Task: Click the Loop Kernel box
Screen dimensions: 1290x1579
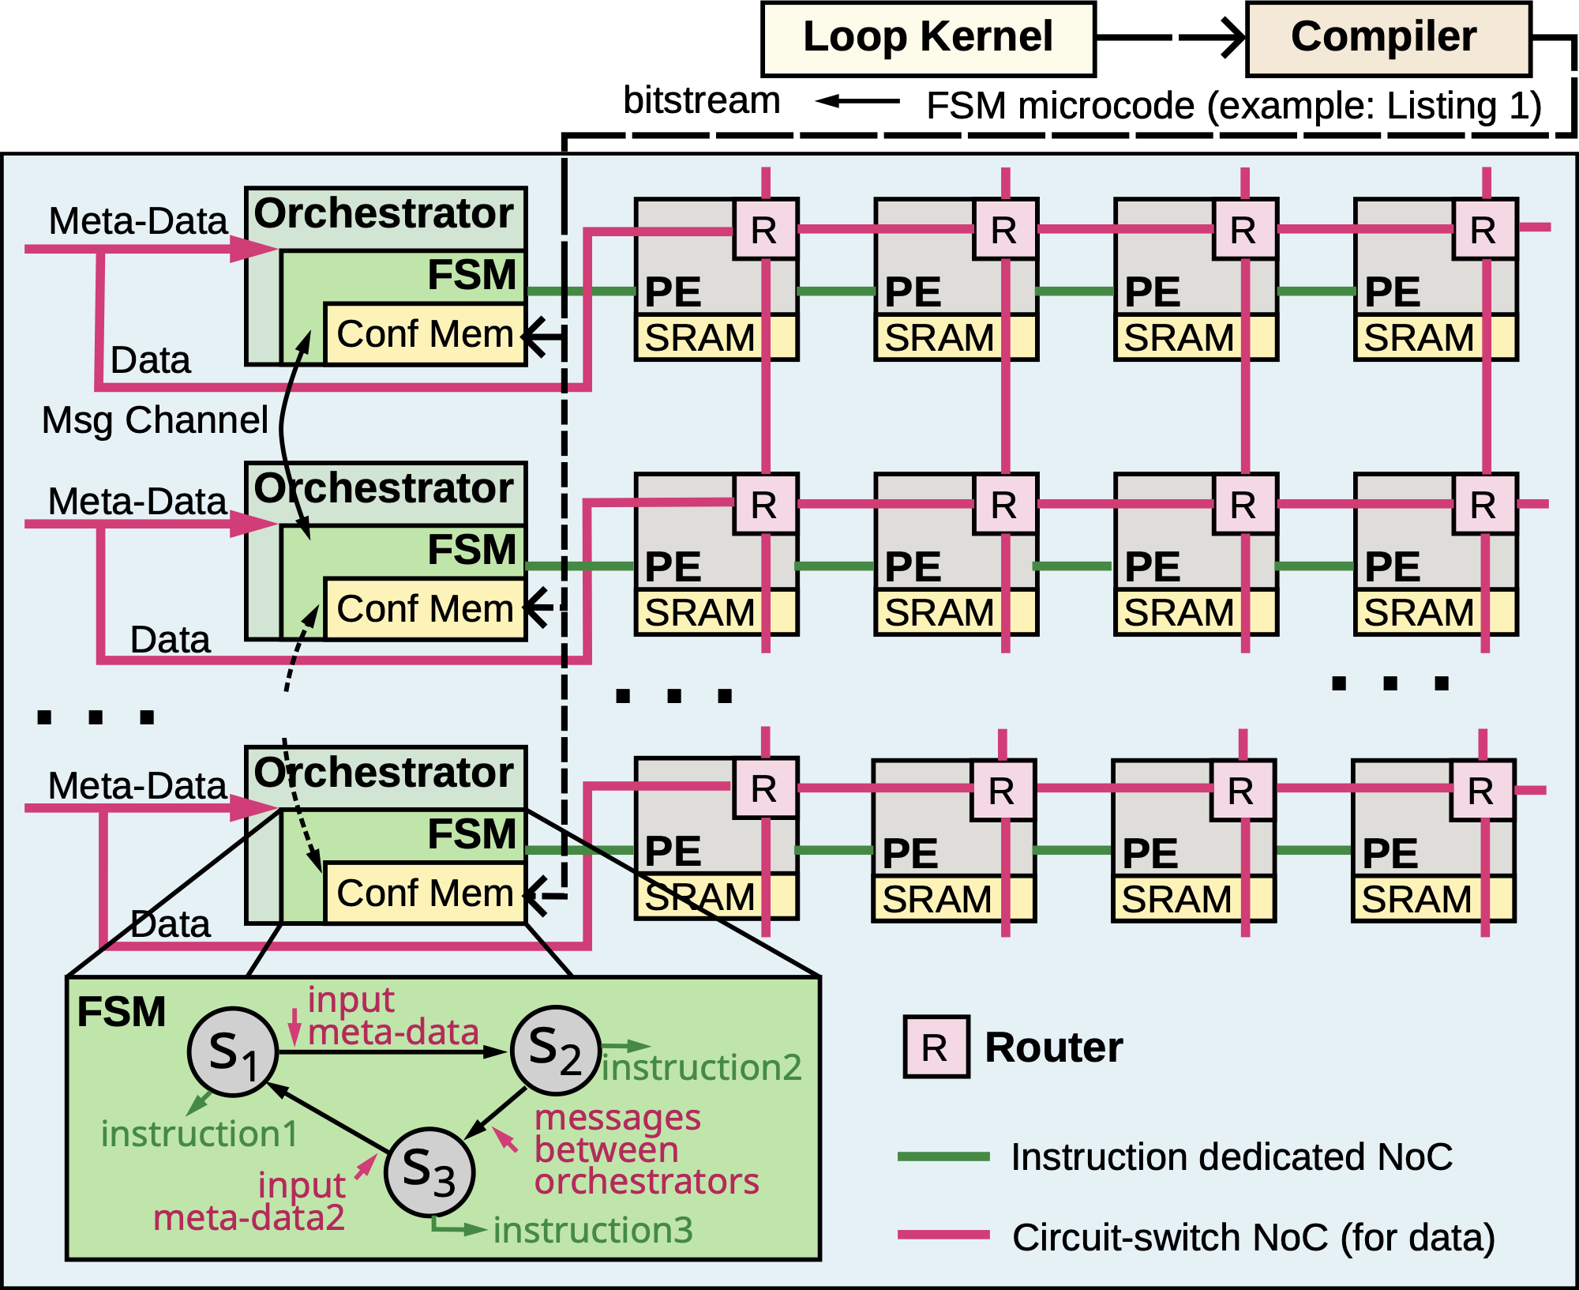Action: coord(928,39)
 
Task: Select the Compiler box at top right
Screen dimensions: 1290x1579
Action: coord(1388,39)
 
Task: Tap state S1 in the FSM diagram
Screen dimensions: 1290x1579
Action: coord(233,1052)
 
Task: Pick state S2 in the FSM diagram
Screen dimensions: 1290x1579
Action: coord(556,1051)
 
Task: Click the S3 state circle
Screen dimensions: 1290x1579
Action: coord(429,1172)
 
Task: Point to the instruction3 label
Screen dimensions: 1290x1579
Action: coord(593,1231)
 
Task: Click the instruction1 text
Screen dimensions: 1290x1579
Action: coord(200,1134)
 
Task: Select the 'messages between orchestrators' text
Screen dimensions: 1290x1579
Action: coord(646,1150)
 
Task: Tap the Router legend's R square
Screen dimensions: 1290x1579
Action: coord(936,1047)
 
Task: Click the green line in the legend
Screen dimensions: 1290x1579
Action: coord(943,1156)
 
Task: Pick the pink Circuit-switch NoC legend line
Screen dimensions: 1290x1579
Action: coord(943,1235)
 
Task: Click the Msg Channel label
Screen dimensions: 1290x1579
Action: coord(155,420)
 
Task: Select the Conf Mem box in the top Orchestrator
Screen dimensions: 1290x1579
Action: coord(425,334)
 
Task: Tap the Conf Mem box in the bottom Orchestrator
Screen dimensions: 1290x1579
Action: coord(425,893)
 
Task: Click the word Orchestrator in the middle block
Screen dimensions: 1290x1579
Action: coord(384,488)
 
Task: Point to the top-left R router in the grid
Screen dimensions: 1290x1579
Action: coord(765,230)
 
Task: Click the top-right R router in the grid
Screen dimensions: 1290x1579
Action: coord(1484,230)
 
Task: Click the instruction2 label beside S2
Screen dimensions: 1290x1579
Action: coord(702,1068)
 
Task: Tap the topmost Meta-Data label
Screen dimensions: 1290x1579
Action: coord(138,221)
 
